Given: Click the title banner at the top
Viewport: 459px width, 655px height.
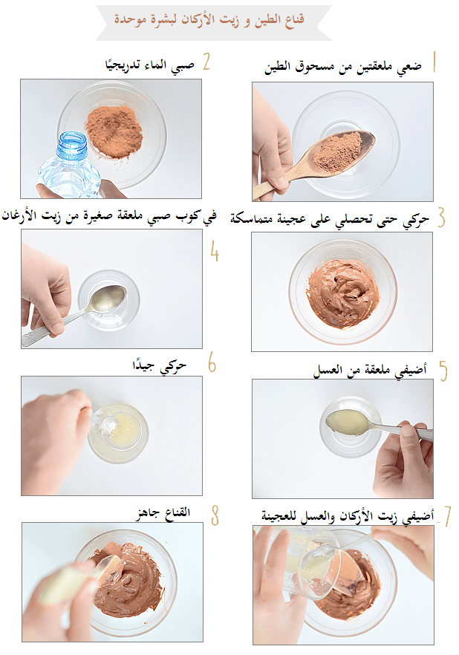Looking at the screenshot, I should (x=214, y=19).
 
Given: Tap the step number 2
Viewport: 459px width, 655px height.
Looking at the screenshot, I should (x=206, y=61).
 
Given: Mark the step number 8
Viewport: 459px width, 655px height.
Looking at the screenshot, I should (x=215, y=513).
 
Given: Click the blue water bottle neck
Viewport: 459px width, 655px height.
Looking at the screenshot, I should (x=71, y=146).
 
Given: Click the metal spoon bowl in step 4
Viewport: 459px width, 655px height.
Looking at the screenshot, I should (x=109, y=298).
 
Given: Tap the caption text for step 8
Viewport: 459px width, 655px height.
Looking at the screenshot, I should (x=170, y=513).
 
